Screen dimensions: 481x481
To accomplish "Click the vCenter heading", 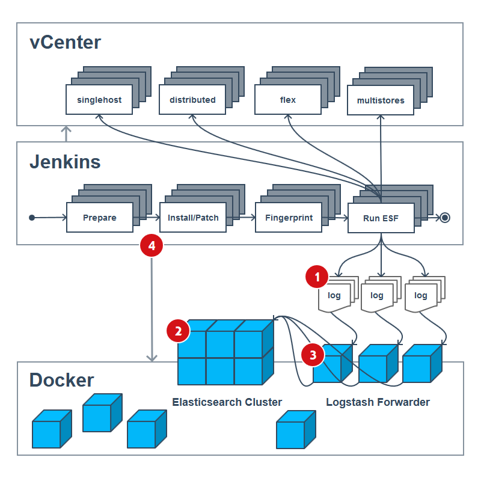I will [65, 43].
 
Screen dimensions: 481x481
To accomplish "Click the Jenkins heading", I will [65, 162].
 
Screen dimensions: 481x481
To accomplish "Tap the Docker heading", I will [61, 380].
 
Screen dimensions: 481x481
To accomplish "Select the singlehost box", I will [99, 100].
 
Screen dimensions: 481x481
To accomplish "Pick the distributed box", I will [192, 100].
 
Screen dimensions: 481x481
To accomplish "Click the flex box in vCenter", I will [288, 100].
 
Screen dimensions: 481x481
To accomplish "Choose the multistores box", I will [381, 100].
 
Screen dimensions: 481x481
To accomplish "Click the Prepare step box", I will [99, 218].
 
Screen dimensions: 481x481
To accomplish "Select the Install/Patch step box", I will [192, 218].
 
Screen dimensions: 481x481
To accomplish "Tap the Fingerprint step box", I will [288, 218].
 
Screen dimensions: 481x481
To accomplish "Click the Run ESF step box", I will [381, 218].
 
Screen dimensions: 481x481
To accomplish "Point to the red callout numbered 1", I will [317, 277].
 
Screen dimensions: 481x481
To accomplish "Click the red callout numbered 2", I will [178, 330].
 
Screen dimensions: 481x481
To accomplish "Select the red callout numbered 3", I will [313, 355].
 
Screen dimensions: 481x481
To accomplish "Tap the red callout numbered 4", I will [152, 245].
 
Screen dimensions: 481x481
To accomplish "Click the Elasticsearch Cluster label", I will [227, 402].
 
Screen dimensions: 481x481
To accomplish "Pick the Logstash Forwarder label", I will [378, 402].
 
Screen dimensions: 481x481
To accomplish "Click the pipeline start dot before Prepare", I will [32, 218].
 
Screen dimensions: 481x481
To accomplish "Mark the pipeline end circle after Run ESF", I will [445, 218].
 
